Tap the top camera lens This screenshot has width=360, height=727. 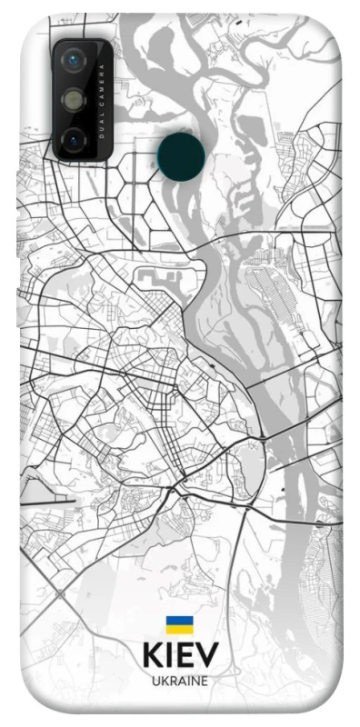74,61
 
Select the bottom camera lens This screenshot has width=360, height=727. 74,139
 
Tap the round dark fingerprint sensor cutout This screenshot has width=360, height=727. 180,156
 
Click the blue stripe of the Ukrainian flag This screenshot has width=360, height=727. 179,620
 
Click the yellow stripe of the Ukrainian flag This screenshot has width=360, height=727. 179,630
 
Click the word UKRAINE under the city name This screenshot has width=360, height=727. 179,680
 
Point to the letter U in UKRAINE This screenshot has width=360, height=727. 155,680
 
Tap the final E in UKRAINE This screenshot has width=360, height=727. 205,680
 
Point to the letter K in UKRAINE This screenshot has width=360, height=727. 164,680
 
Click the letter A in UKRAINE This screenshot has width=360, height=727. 180,680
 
